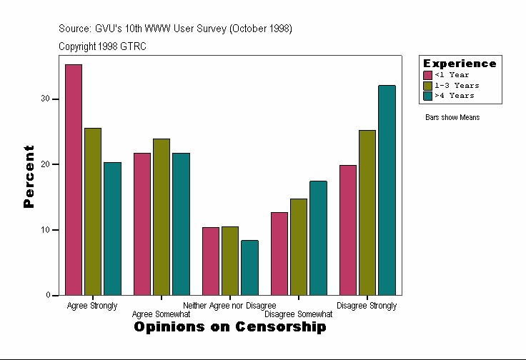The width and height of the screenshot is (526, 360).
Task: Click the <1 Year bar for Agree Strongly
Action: pos(74,179)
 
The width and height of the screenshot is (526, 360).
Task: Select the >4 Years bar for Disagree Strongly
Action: pos(387,190)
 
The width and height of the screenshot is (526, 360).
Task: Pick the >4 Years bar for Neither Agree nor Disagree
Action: pos(249,267)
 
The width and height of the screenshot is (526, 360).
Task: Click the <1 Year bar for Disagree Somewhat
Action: pos(279,254)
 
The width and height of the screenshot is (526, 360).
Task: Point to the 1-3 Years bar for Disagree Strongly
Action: pos(367,212)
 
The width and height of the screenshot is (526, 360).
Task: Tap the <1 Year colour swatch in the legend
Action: pos(428,75)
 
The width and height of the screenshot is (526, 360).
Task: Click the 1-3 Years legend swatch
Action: pos(428,85)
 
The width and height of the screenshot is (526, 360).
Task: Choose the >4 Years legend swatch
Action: pos(428,95)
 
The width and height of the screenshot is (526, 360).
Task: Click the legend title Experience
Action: pos(460,64)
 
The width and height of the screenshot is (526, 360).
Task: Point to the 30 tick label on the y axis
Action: pos(45,99)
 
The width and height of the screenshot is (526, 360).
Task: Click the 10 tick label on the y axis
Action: pos(45,230)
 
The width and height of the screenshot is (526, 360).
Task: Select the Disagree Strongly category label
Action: pos(367,306)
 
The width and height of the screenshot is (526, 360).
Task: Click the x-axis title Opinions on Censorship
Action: pos(230,327)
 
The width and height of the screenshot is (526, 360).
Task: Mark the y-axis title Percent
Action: pos(29,176)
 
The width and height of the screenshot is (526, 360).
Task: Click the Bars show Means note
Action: pos(452,117)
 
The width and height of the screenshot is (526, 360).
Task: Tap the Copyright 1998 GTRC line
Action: pos(103,46)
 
